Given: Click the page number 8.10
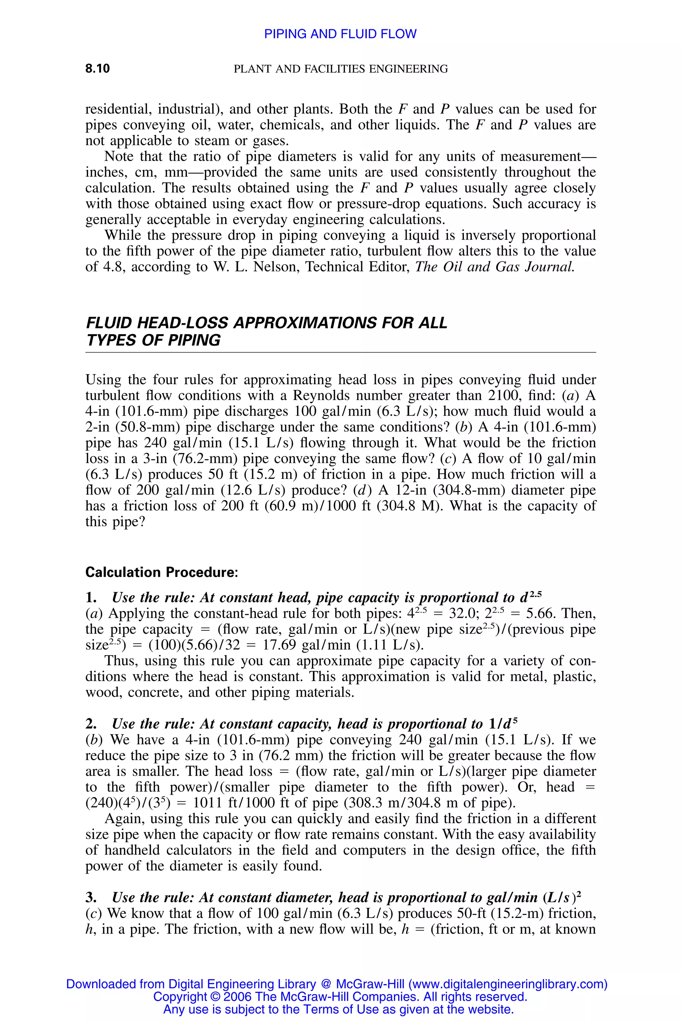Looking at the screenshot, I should (97, 68).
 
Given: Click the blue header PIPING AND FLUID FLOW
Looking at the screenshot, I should (340, 34).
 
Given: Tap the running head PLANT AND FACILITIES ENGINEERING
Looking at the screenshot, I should (340, 69).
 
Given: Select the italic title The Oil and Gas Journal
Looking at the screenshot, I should (495, 266).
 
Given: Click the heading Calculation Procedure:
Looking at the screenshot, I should (162, 572).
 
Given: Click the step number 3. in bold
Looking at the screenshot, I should (91, 897).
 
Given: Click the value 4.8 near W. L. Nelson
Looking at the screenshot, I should (115, 266).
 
